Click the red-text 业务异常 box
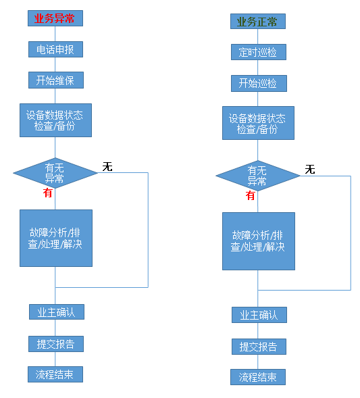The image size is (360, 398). [55, 18]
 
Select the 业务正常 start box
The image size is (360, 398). [258, 22]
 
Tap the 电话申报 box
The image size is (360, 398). [55, 49]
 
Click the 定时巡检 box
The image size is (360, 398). [259, 52]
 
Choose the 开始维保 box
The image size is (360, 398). [56, 80]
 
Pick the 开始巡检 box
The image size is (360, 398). [259, 83]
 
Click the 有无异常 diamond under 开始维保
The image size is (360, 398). [55, 173]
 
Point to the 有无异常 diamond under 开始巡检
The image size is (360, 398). [258, 176]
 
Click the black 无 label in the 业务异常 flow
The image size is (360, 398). [107, 167]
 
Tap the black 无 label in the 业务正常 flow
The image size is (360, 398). [310, 170]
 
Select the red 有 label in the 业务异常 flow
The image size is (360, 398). [48, 193]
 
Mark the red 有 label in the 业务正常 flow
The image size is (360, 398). [251, 195]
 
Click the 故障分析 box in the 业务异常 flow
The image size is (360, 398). [56, 238]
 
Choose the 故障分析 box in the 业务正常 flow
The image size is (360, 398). [259, 241]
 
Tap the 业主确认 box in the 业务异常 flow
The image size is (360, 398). [57, 312]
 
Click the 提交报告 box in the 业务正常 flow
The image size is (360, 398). [259, 347]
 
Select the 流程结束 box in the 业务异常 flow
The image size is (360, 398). [55, 374]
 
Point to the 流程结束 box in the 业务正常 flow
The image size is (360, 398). [258, 377]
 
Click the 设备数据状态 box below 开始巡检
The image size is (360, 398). [258, 123]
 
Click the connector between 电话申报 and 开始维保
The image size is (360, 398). [55, 65]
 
